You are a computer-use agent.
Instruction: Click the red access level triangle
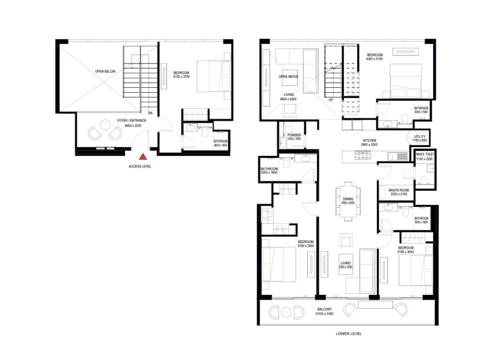click(x=143, y=157)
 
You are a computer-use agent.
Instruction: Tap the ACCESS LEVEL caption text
click(x=140, y=167)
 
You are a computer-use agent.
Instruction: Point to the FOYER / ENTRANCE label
click(x=129, y=121)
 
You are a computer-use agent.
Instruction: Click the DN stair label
click(x=150, y=113)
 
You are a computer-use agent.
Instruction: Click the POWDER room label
click(x=294, y=135)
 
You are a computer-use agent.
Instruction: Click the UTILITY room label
click(x=421, y=137)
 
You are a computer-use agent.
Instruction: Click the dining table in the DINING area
click(x=348, y=203)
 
